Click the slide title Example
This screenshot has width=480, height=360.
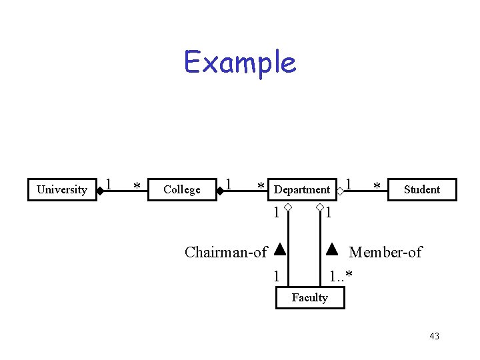[240, 63]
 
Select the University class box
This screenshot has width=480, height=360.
[61, 189]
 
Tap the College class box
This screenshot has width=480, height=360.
[181, 189]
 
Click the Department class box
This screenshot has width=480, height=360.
[302, 189]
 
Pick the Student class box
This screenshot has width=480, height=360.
[422, 189]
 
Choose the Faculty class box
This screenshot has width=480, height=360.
[310, 298]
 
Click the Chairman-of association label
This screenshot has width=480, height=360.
[225, 252]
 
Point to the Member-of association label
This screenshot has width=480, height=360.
[385, 252]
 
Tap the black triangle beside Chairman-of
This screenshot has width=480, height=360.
[280, 251]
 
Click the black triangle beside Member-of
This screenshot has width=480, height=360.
[332, 251]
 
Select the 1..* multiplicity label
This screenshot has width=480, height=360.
[341, 275]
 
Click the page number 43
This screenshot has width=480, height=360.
[434, 336]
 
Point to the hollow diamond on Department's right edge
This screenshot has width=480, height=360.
[340, 191]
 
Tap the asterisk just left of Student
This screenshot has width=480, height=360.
[377, 187]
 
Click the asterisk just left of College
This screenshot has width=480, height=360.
[136, 187]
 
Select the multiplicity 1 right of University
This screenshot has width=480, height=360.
[109, 183]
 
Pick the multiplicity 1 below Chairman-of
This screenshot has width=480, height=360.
[275, 275]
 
